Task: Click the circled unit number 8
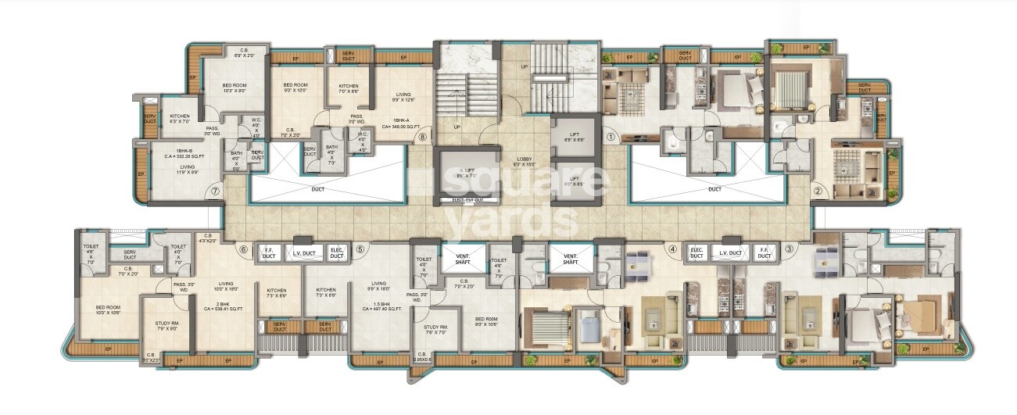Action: pyautogui.click(x=423, y=136)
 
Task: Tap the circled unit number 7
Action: pyautogui.click(x=215, y=188)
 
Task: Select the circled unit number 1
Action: pyautogui.click(x=612, y=136)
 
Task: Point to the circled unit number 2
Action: pyautogui.click(x=818, y=189)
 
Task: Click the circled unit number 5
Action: pyautogui.click(x=360, y=250)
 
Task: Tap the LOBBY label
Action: pyautogui.click(x=523, y=161)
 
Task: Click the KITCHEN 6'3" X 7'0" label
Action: pyautogui.click(x=180, y=118)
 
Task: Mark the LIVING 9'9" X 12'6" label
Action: pyautogui.click(x=403, y=96)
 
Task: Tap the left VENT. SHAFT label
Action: pyautogui.click(x=457, y=259)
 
